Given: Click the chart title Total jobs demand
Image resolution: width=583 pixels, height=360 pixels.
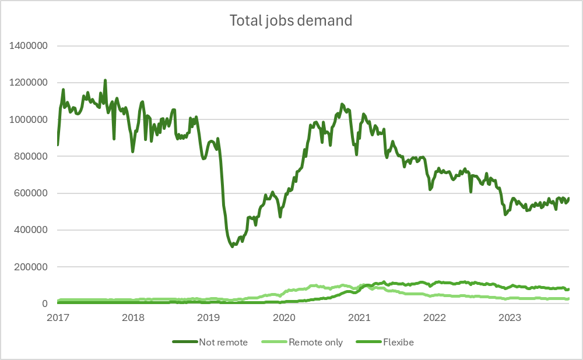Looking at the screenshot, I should tap(291, 21).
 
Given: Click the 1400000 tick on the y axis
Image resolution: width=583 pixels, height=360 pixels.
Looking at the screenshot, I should tap(28, 45).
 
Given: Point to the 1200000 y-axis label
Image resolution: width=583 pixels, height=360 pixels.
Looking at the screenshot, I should tap(28, 83).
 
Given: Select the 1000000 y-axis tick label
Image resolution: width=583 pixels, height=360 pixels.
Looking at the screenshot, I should tap(28, 119).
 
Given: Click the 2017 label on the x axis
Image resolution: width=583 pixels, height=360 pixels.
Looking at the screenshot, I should tap(58, 317).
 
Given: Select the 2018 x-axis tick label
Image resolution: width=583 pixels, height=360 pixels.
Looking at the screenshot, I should tap(134, 317).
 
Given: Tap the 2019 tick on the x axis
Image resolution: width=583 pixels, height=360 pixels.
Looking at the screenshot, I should tap(209, 317).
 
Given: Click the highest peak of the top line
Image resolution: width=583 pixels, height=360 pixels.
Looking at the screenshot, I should tap(105, 80).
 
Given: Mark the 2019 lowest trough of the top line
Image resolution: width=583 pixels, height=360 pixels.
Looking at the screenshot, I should tap(232, 246).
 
